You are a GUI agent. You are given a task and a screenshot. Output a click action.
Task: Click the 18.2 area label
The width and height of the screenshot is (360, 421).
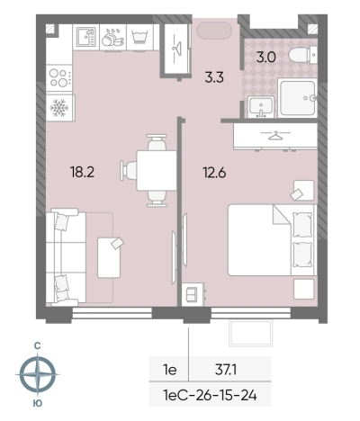point(82,172)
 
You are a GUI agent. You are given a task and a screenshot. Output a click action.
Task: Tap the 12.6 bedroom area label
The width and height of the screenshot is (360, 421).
point(214,173)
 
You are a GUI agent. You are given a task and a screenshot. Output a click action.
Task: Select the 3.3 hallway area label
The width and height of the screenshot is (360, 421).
point(214,77)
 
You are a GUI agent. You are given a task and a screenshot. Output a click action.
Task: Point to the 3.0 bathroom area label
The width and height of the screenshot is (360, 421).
point(265,57)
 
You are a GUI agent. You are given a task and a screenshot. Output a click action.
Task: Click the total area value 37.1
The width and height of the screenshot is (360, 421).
point(226,370)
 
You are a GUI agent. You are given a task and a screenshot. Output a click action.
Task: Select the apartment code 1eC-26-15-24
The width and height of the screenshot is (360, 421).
point(210,396)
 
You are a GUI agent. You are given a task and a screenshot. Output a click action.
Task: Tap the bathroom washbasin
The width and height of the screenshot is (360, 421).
point(261,107)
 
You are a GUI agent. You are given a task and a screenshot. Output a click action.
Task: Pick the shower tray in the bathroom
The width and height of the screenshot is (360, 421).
point(297,97)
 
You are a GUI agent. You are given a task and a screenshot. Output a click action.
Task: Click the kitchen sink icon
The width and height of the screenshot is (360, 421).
point(86,37)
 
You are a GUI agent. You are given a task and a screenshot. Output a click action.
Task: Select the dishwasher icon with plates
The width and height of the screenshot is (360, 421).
point(112,37)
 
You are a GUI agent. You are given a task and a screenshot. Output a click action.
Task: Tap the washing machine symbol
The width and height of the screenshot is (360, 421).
point(140,37)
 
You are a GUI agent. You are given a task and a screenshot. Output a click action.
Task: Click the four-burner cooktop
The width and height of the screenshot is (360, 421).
point(59,77)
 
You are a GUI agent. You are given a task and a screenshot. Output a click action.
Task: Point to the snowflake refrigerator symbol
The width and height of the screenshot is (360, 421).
point(59,108)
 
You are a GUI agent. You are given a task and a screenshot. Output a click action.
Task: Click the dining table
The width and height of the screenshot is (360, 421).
point(157,171)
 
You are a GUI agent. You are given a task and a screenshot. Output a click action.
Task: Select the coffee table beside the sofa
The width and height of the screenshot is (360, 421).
point(109,257)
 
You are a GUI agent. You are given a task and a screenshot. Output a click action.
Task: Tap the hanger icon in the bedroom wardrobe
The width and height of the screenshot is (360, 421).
point(275,135)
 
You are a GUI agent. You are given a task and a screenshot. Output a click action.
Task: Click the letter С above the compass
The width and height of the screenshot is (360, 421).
point(37,346)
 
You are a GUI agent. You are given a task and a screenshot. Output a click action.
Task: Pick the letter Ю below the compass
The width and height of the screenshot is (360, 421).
point(37,403)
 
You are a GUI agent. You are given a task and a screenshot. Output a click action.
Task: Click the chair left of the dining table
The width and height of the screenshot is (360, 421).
point(128,170)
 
